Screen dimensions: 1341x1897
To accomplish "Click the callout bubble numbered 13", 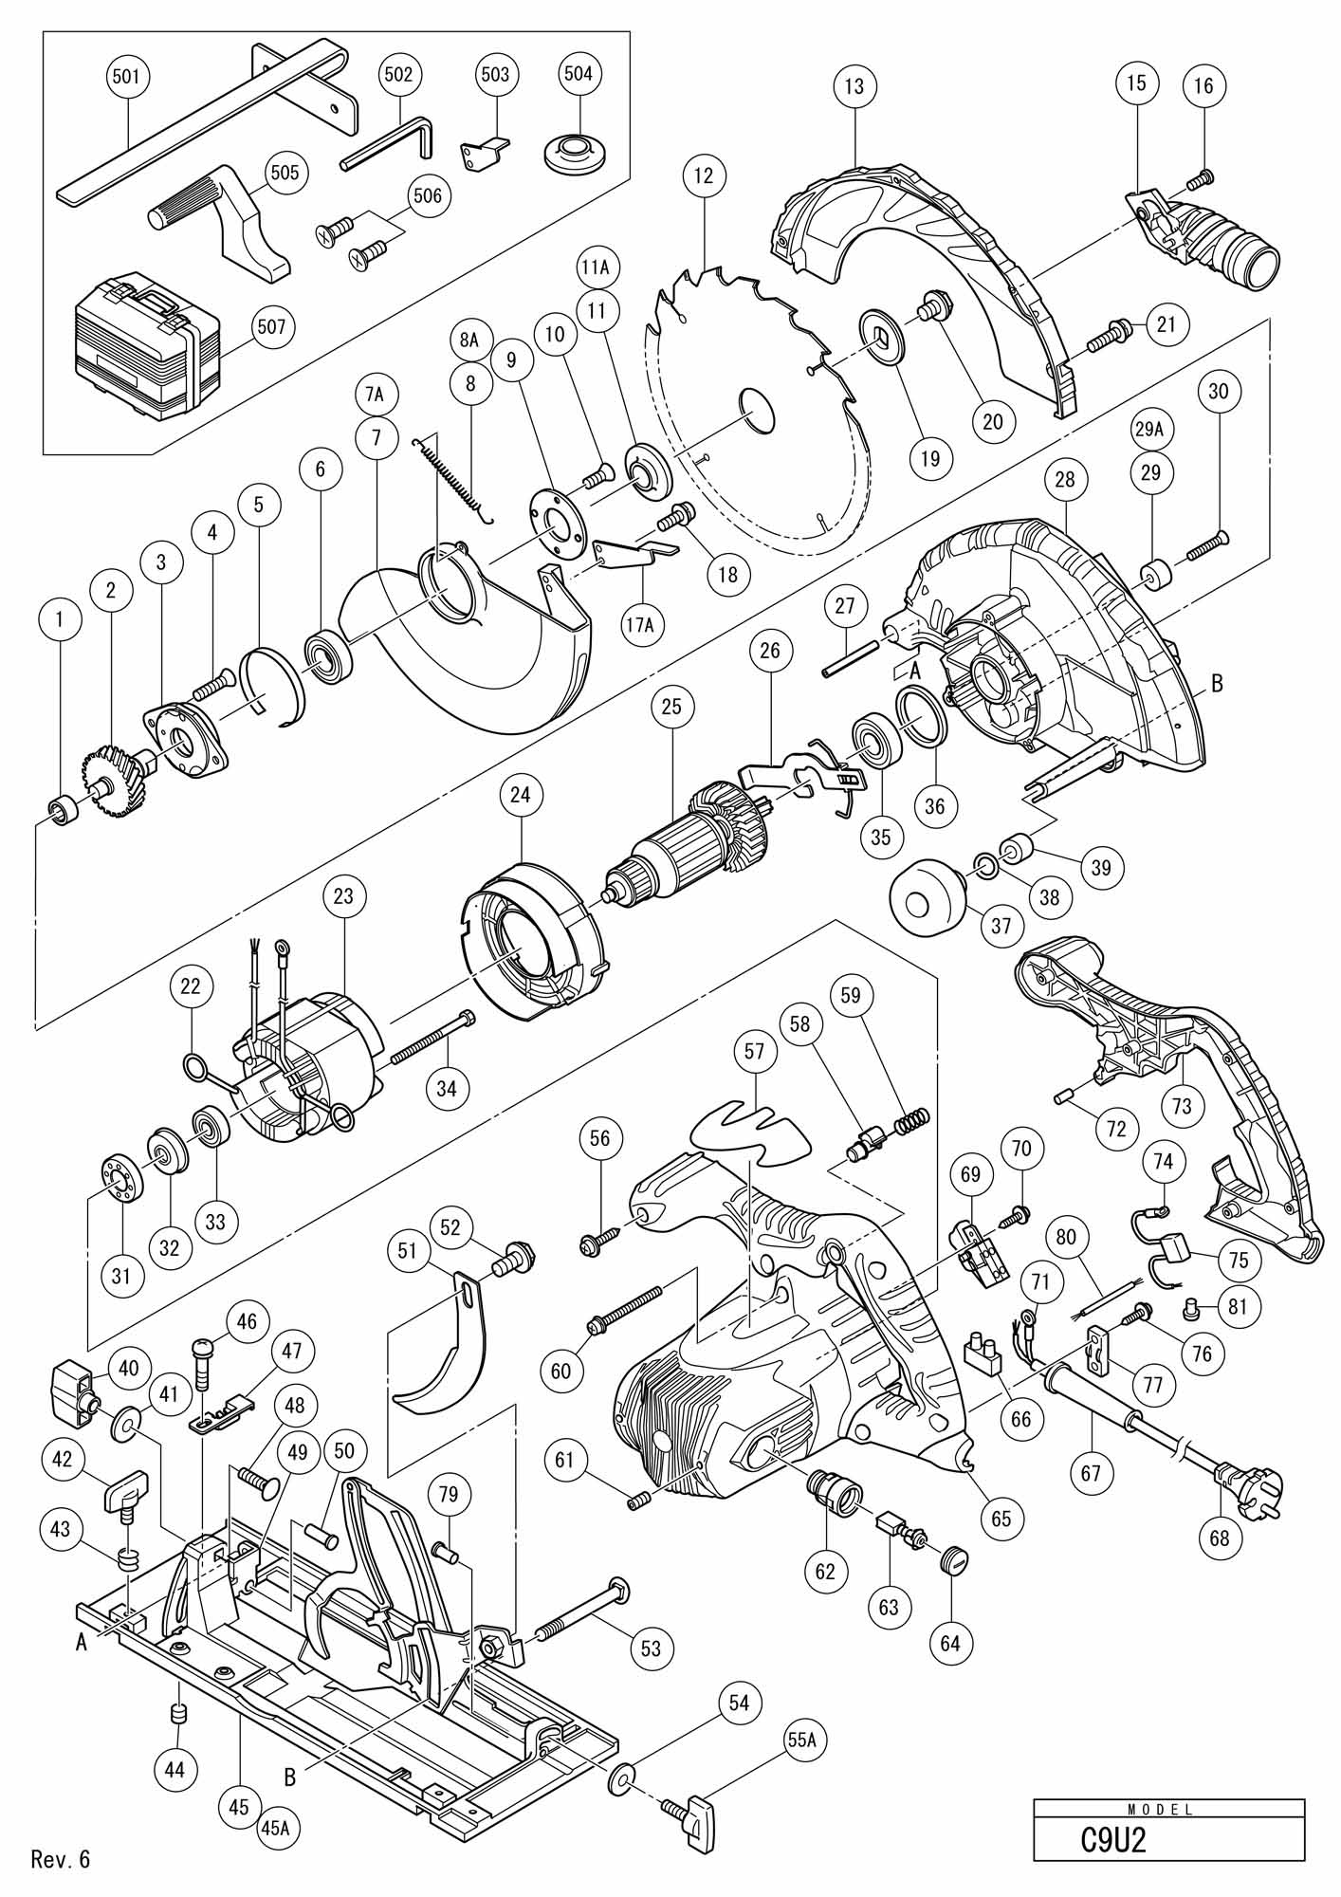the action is tap(854, 86).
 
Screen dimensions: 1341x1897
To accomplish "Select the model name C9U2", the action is tap(1113, 1840).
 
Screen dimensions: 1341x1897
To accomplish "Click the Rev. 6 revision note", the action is tap(61, 1858).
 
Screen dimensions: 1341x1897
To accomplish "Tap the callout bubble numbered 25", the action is tap(672, 707).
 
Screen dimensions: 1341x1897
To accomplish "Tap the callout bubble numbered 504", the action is tap(578, 74).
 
